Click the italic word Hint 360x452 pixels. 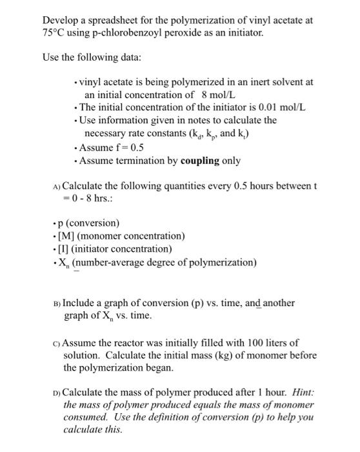[289, 391]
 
